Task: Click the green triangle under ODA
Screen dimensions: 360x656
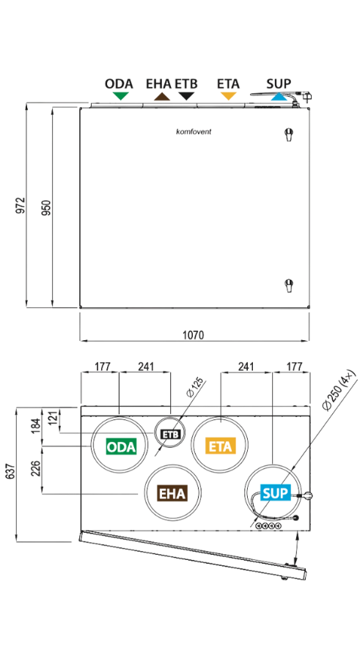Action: tap(120, 96)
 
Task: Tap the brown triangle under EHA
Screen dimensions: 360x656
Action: tap(161, 97)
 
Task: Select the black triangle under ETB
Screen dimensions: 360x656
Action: tap(186, 96)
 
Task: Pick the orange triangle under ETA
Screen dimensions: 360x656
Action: tap(229, 96)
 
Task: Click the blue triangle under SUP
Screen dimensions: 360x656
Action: tap(278, 97)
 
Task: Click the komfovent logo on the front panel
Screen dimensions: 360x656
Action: tap(194, 131)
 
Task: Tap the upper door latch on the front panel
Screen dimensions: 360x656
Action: tap(288, 134)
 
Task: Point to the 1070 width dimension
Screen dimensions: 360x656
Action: tap(194, 335)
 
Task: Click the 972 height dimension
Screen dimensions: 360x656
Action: tap(21, 205)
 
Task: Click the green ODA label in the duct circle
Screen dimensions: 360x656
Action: tap(121, 447)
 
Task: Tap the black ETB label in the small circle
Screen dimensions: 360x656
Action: tap(171, 434)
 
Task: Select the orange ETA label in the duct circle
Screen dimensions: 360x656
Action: tap(221, 446)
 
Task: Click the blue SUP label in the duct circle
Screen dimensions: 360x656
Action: tap(276, 493)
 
